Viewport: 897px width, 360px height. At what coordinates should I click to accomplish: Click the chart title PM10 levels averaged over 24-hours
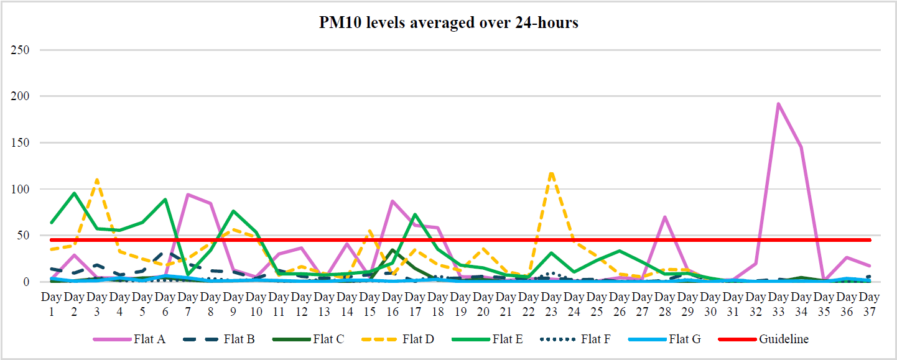[448, 23]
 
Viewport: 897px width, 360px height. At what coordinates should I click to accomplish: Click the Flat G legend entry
[685, 339]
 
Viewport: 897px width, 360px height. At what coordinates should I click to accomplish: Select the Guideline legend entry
[783, 339]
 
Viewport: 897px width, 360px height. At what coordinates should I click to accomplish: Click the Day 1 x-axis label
[52, 302]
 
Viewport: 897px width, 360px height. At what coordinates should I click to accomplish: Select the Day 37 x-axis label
[870, 302]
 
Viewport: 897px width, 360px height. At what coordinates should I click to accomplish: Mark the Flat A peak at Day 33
[778, 104]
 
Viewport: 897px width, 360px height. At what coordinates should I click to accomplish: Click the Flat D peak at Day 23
[551, 173]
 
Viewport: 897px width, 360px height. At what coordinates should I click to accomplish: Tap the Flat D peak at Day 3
[97, 180]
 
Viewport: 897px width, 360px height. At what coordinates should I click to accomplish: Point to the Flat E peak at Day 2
[75, 193]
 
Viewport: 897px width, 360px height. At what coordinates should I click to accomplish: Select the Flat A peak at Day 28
[665, 217]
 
